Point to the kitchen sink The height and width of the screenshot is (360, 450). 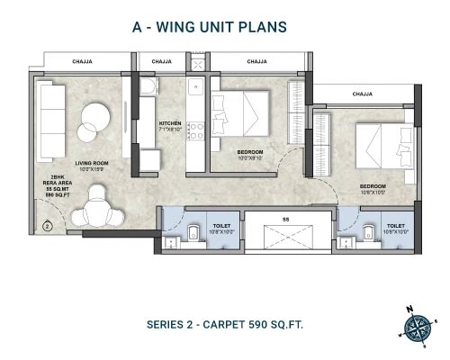[x=194, y=89]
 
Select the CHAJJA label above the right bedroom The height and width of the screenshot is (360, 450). [x=363, y=94]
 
